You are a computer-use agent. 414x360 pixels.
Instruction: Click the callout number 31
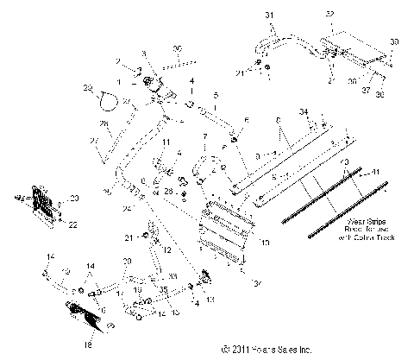pyautogui.click(x=267, y=16)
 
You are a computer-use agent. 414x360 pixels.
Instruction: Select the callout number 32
pyautogui.click(x=329, y=16)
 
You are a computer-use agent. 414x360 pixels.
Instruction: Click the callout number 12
pyautogui.click(x=167, y=249)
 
